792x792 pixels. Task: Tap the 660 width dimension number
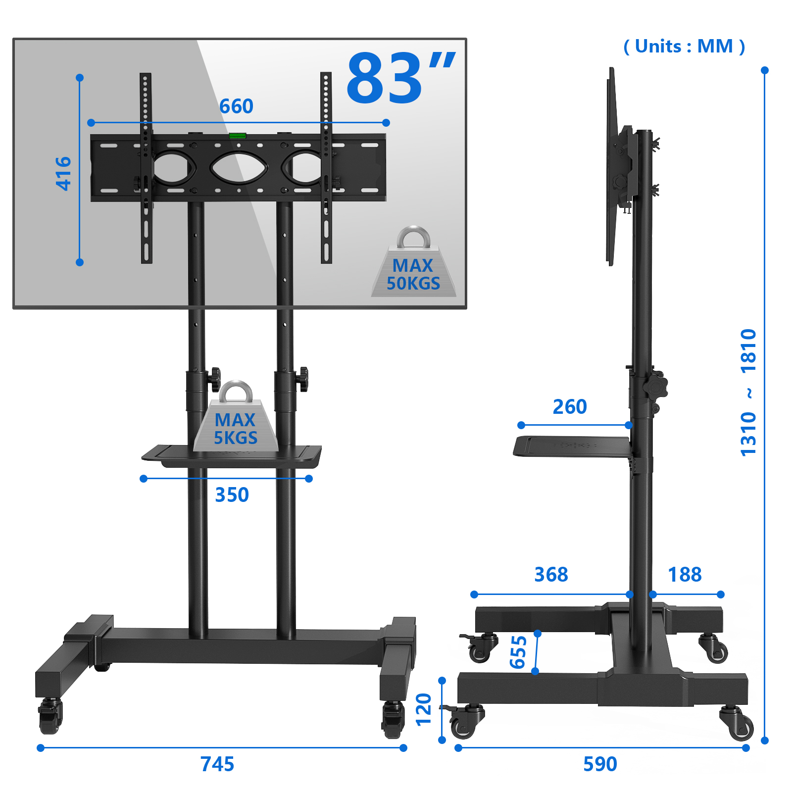click(x=236, y=106)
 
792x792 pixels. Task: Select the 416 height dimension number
click(x=63, y=173)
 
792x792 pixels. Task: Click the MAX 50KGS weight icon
click(x=414, y=262)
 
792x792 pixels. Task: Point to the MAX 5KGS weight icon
click(x=236, y=416)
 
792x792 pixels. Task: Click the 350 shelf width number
click(x=232, y=495)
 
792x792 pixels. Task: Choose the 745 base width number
click(x=217, y=764)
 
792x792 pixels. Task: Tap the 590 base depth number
click(x=600, y=764)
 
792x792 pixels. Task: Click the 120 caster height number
click(x=424, y=710)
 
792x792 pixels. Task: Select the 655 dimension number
click(x=518, y=652)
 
